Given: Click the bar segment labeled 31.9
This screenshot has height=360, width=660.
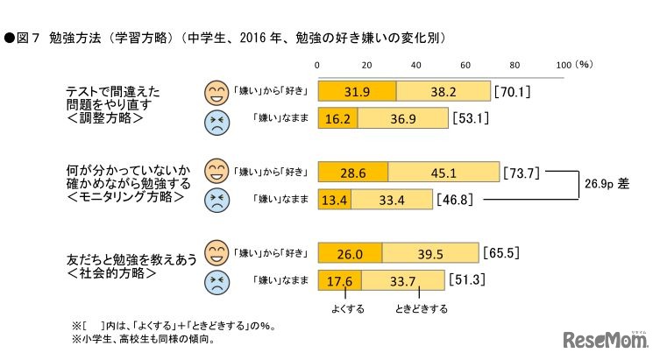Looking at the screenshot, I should pyautogui.click(x=357, y=90).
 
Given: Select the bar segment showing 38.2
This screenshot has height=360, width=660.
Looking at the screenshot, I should pyautogui.click(x=443, y=90).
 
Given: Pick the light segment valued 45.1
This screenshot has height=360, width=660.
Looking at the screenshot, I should pyautogui.click(x=444, y=172).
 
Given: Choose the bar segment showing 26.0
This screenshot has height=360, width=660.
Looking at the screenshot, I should pyautogui.click(x=350, y=254).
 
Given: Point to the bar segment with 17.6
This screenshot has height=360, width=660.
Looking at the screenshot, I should pyautogui.click(x=339, y=281).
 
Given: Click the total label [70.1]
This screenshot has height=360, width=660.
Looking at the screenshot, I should pyautogui.click(x=515, y=90).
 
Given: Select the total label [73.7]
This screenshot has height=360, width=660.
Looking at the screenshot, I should pyautogui.click(x=524, y=172).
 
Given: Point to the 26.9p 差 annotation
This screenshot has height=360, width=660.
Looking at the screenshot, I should pyautogui.click(x=609, y=186).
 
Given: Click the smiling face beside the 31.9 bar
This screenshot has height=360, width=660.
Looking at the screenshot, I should pyautogui.click(x=215, y=90).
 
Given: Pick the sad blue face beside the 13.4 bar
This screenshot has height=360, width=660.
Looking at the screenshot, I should pyautogui.click(x=215, y=201).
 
